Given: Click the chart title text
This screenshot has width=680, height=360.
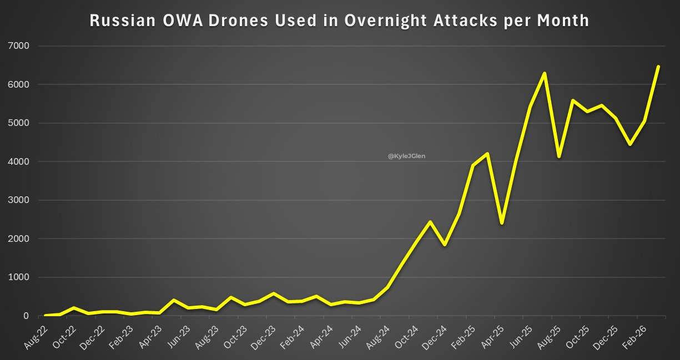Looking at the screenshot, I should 339,21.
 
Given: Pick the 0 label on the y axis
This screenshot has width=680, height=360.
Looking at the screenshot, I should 26,316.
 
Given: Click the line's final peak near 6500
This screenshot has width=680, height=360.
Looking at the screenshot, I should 658,67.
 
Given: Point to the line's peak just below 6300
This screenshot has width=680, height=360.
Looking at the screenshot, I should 545,73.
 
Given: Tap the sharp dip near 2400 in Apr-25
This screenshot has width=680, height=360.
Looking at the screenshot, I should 502,223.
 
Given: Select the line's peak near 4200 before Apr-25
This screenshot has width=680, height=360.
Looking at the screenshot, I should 487,154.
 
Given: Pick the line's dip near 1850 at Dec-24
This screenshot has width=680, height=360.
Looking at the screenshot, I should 445,245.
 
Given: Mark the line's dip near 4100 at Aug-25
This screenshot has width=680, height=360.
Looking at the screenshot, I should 559,156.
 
